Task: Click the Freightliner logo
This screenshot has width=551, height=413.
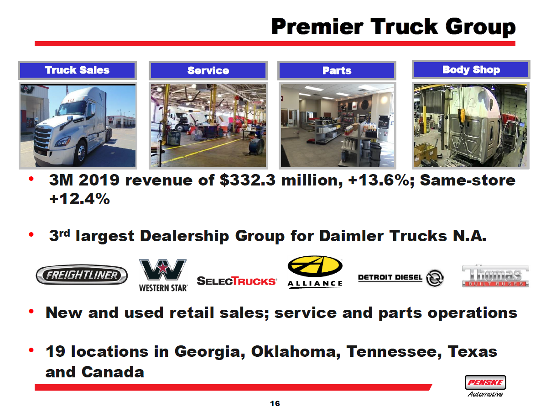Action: (82, 275)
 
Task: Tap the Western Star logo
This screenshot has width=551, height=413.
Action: (163, 275)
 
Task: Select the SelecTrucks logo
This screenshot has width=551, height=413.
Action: (236, 281)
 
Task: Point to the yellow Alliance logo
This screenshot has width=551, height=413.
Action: (315, 272)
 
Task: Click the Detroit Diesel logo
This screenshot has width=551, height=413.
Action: (400, 278)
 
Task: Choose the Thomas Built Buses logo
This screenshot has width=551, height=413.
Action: (495, 276)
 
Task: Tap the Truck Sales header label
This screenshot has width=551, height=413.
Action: (77, 70)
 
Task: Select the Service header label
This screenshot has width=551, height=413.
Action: (208, 70)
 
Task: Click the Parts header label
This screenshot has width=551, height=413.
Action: (337, 70)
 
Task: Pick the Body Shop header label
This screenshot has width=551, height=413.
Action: (471, 69)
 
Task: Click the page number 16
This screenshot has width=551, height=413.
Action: (275, 403)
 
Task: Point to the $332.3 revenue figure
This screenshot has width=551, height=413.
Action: (248, 180)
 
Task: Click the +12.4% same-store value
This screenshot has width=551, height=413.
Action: (79, 200)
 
